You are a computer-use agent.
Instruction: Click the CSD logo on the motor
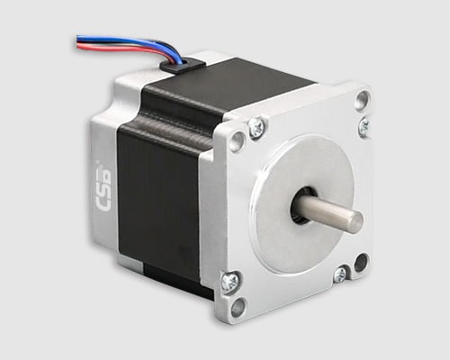pos(103,186)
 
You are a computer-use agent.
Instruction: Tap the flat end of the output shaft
pos(355,222)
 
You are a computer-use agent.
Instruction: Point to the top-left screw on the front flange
pos(256,127)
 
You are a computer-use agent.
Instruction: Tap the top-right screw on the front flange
pos(364,126)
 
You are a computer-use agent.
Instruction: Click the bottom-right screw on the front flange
pos(340,274)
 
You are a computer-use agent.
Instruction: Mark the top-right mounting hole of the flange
pos(362,100)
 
